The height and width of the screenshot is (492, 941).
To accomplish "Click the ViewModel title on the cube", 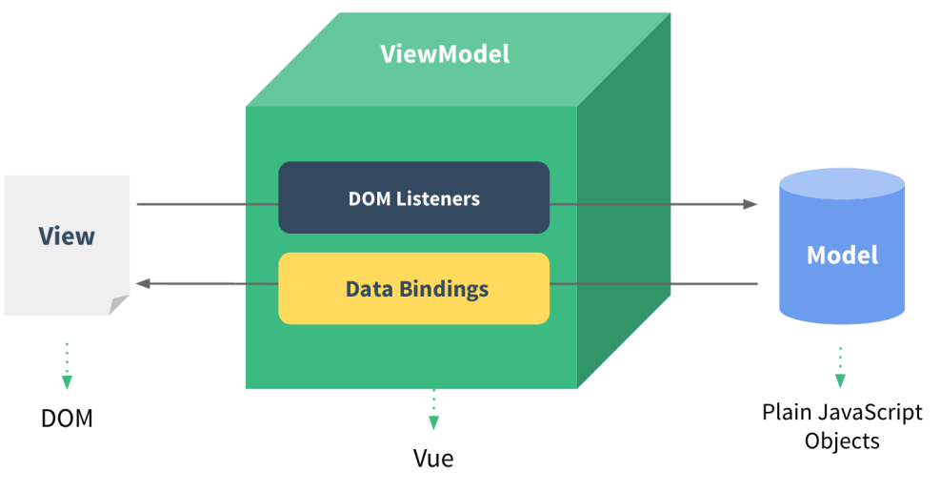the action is click(x=445, y=54).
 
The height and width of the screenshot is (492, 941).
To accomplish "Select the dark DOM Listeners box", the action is click(x=413, y=197).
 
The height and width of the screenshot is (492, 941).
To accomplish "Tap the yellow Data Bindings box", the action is click(x=413, y=288).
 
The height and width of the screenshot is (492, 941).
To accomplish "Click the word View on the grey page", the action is click(x=67, y=236).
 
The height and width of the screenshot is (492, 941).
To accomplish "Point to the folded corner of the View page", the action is click(x=118, y=304).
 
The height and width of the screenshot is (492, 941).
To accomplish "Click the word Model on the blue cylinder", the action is click(x=842, y=256).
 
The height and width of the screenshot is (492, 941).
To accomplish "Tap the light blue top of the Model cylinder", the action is click(x=842, y=184).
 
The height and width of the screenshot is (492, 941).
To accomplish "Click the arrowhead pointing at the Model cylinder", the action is click(x=751, y=204).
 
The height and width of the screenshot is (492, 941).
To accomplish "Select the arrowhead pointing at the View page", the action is click(x=143, y=283).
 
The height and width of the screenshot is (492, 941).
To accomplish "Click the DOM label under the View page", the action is click(x=67, y=419).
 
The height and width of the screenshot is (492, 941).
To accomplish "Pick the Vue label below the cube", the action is click(x=433, y=459).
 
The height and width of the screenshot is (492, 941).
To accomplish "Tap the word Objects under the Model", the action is click(x=842, y=441).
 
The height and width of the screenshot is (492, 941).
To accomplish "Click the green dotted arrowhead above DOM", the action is click(x=67, y=382).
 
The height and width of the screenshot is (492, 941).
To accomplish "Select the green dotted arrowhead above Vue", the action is click(x=433, y=423).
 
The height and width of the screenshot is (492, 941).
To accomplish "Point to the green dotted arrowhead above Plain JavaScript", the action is click(x=840, y=380).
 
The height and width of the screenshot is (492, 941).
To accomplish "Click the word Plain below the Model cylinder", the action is click(x=783, y=413).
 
